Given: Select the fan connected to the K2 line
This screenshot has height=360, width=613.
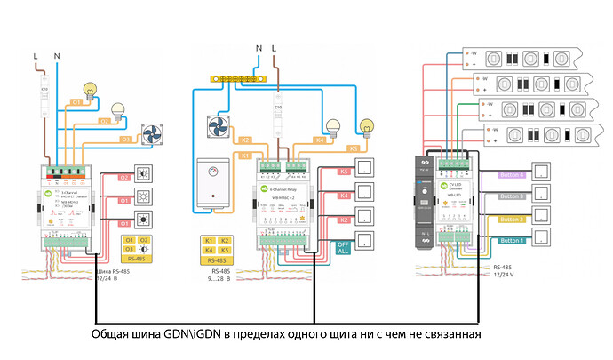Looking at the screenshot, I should click(218, 126).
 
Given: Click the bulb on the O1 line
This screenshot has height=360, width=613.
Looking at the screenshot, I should click(90, 90).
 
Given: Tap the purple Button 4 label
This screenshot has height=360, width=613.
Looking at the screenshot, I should click(512, 175).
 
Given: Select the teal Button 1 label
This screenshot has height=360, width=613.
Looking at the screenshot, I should click(512, 240).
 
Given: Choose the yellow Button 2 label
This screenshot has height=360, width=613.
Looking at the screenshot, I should click(512, 219).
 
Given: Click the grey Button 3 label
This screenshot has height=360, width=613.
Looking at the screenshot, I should click(512, 196).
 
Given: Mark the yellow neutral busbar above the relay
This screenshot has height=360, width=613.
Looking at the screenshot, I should click(241, 78).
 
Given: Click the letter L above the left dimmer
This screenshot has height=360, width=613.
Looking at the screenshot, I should click(36, 57).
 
